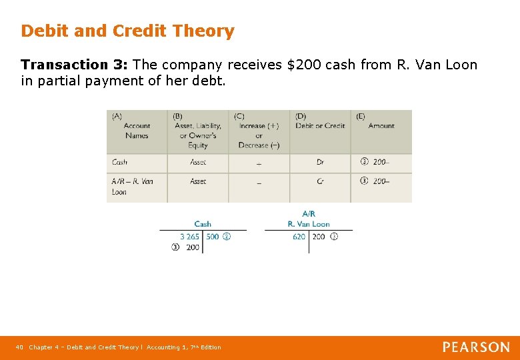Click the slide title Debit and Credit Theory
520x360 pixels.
pos(127,31)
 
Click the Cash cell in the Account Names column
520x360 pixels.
pos(120,162)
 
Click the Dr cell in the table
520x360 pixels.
pos(320,162)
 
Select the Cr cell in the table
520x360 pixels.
pos(320,181)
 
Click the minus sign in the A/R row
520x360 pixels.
pos(259,182)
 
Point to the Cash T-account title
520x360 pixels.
pos(203,224)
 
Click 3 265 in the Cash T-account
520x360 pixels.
pos(189,237)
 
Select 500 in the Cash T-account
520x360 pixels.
pos(213,237)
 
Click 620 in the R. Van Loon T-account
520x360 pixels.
pos(299,237)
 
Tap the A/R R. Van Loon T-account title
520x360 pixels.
pos(309,219)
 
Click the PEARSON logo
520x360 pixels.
pos(476,347)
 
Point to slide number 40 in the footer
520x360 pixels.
pos(19,347)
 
